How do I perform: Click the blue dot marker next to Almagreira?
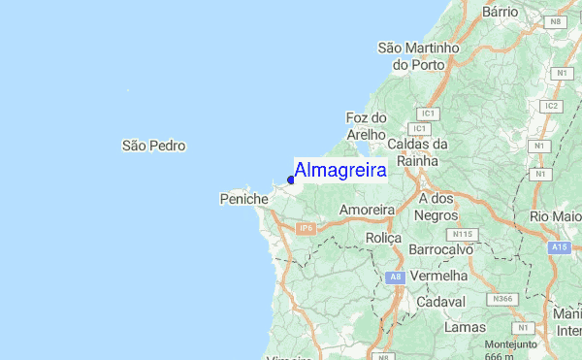(x=291, y=179)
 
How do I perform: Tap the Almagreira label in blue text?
(x=340, y=170)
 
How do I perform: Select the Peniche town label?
(x=243, y=199)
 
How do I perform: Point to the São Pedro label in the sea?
(x=153, y=146)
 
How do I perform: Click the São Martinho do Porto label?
(x=418, y=55)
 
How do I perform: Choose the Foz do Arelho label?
(x=366, y=126)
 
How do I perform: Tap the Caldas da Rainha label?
(x=418, y=153)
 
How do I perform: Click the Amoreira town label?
(x=367, y=210)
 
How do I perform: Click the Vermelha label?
(x=439, y=276)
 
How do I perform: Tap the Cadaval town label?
(x=441, y=302)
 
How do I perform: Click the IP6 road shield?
(x=307, y=228)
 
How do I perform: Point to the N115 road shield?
(x=462, y=234)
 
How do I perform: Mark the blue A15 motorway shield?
(x=559, y=247)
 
